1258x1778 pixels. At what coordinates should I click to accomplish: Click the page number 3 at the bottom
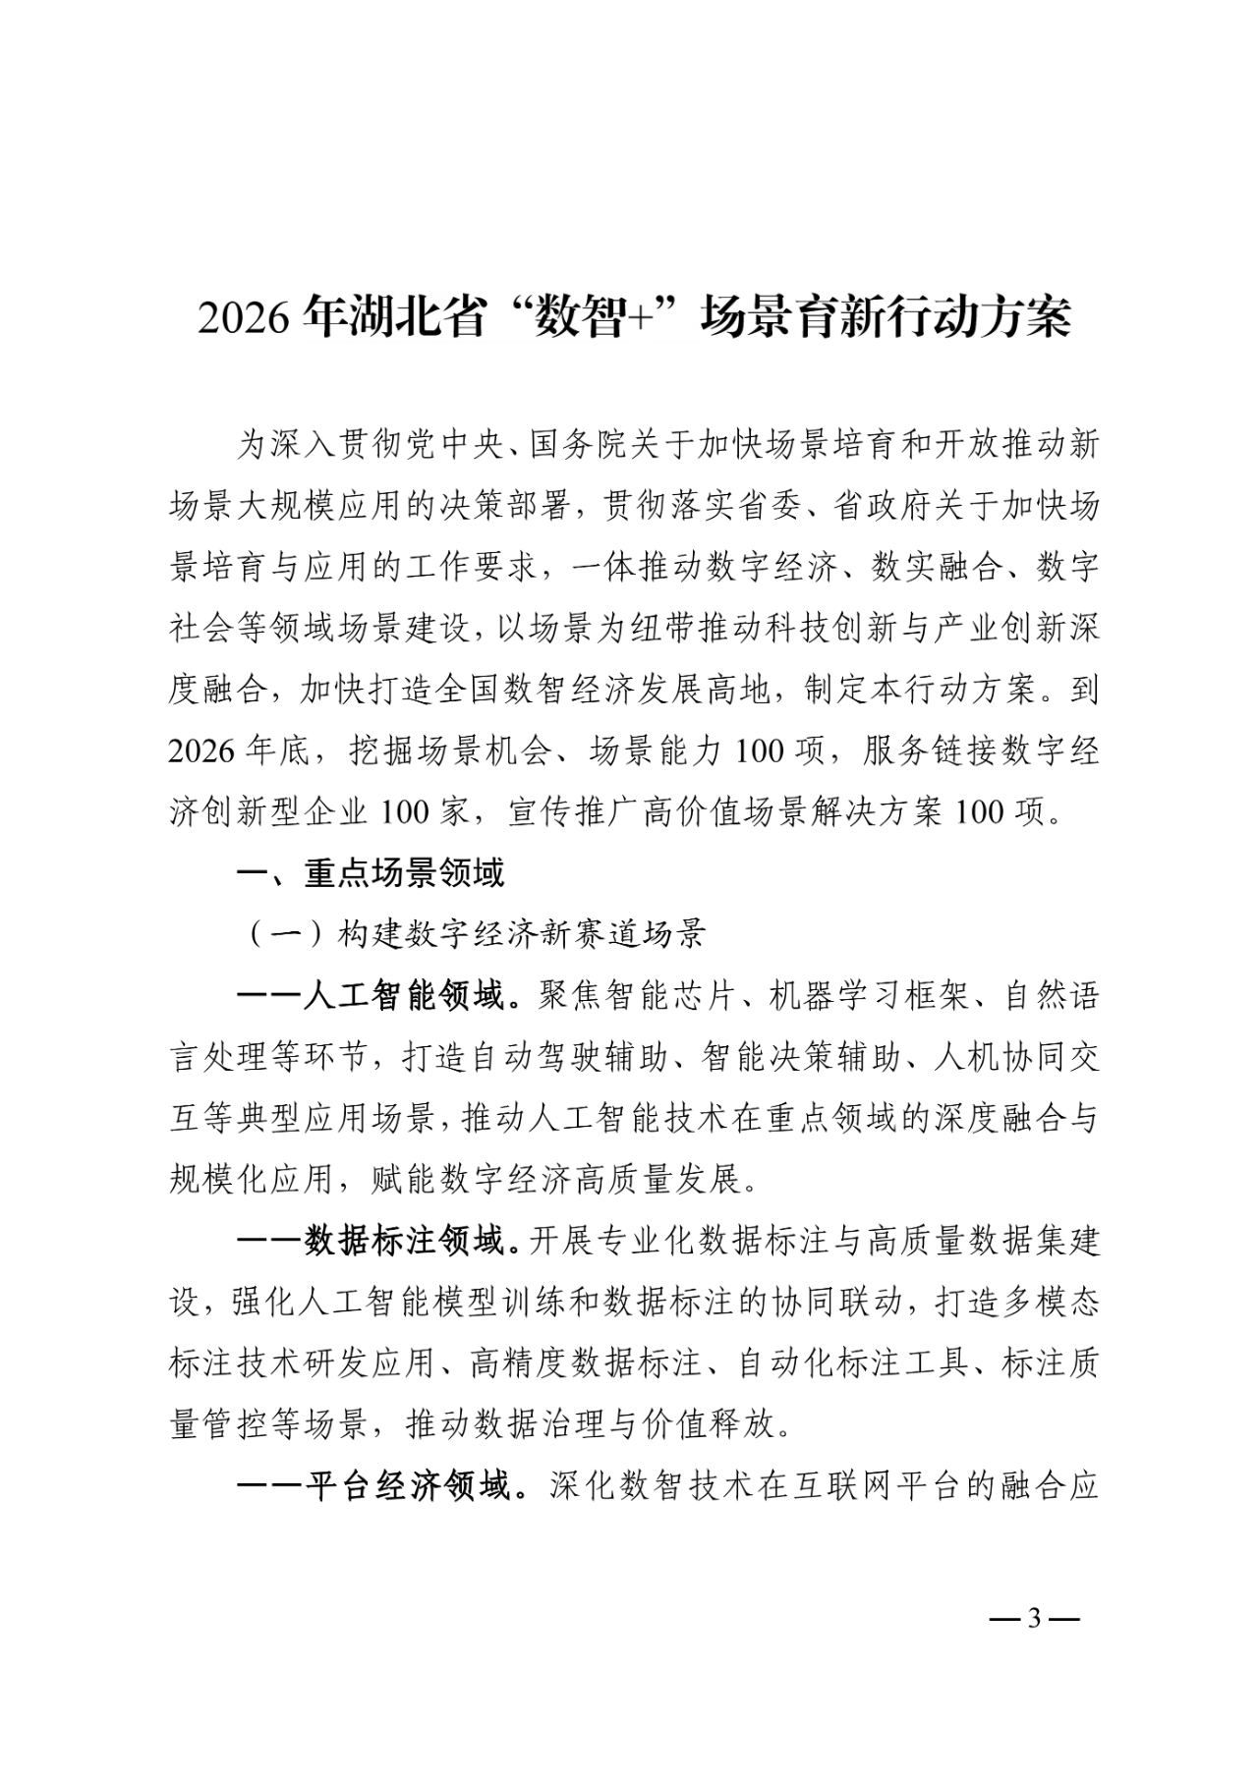[x=1032, y=1618]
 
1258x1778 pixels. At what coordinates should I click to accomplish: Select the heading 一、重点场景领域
[x=372, y=873]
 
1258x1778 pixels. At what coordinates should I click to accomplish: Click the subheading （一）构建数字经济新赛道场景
[x=473, y=934]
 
